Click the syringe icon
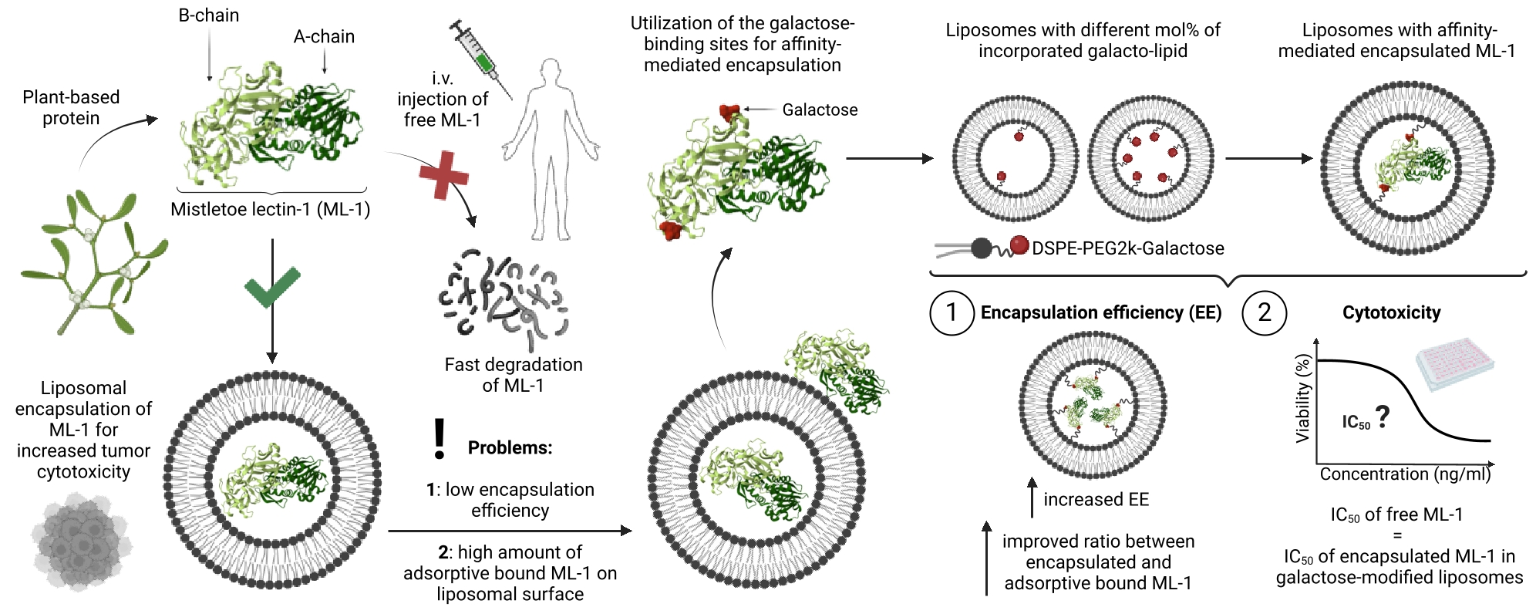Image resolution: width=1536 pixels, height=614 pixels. coord(480,58)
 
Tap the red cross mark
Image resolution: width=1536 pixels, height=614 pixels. coord(444,175)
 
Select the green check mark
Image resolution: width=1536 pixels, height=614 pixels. coord(271,287)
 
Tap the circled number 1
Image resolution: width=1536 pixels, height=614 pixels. coord(952,312)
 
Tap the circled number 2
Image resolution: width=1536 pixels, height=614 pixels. coord(1265,312)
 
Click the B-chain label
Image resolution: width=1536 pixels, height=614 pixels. coord(209,15)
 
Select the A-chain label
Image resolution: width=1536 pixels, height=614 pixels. coord(324,36)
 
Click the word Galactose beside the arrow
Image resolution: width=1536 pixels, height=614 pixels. coord(820,110)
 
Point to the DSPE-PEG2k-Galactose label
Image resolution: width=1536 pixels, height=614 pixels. coord(1127,248)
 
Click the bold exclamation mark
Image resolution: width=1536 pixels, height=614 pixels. coord(440,439)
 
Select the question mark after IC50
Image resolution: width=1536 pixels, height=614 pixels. coord(1383,417)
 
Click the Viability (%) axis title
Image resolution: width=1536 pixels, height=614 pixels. coord(1302,398)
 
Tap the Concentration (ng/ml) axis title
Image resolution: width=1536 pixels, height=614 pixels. coord(1405,474)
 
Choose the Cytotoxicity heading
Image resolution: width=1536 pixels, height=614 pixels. coord(1391,312)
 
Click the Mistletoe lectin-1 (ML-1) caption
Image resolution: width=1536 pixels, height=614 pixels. coord(270,209)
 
